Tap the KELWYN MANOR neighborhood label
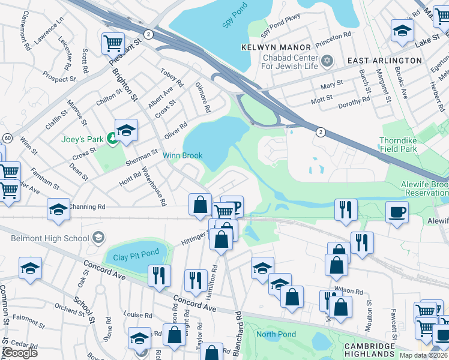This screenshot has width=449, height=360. (276, 47)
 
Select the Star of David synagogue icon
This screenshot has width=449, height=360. (327, 61)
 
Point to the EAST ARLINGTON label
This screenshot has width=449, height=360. (384, 61)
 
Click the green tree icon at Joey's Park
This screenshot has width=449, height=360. (112, 139)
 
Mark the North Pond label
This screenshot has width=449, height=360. (276, 334)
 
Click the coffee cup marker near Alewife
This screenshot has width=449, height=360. (396, 211)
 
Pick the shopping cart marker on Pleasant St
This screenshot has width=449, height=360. (112, 43)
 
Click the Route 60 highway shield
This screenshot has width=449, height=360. (7, 138)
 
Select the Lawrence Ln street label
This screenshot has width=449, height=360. (49, 29)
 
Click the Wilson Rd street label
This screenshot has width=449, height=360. (350, 291)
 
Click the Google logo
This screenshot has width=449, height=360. (19, 353)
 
